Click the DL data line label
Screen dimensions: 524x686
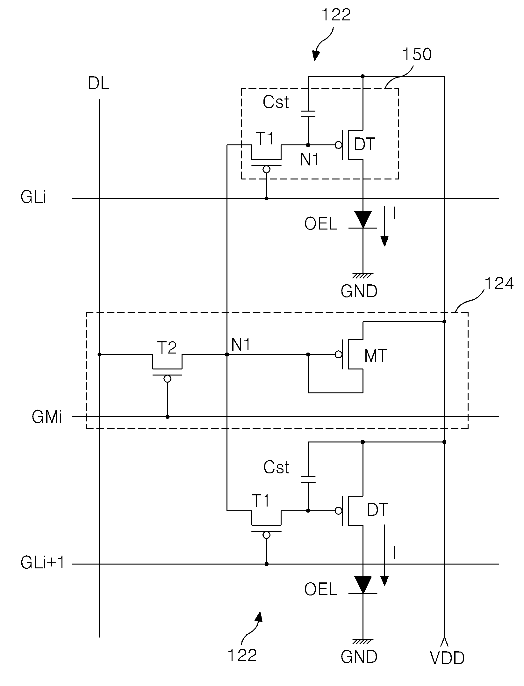(x=98, y=84)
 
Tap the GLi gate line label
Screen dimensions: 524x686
(x=33, y=198)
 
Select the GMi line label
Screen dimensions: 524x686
(x=47, y=417)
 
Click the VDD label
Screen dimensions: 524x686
(x=447, y=658)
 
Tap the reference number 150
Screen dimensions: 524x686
(x=417, y=54)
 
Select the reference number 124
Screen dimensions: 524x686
(x=499, y=283)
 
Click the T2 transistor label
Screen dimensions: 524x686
(x=167, y=347)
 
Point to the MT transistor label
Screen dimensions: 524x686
(x=376, y=355)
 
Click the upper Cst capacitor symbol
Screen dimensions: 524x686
(x=308, y=114)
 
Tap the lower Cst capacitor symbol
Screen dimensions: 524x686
(x=308, y=480)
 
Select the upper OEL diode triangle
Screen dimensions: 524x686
(x=363, y=220)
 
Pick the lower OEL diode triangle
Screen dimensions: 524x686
(x=363, y=585)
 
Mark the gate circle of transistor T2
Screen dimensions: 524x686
(x=167, y=379)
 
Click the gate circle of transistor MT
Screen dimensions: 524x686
(x=339, y=354)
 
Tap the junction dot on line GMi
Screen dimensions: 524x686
(x=168, y=417)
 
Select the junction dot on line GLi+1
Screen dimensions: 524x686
(x=266, y=564)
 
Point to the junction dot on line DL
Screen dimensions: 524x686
(x=100, y=354)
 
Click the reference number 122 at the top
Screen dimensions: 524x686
(x=336, y=15)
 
